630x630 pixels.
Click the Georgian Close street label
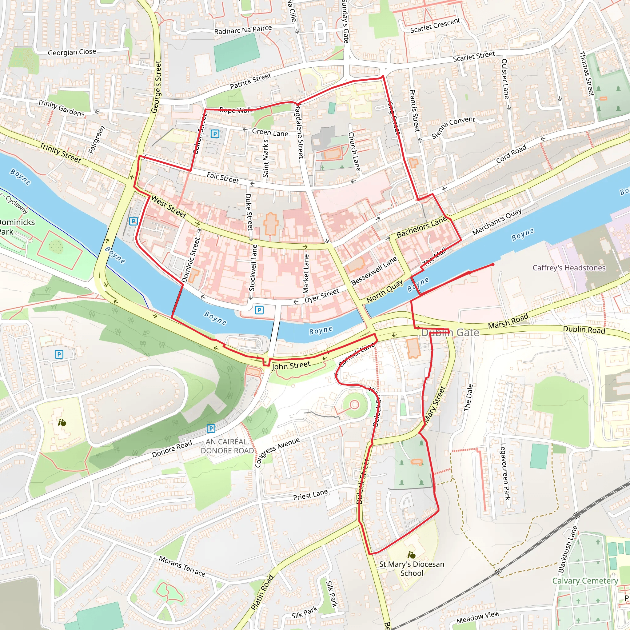72,52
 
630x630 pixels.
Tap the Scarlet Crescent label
435,26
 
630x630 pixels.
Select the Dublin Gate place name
450,333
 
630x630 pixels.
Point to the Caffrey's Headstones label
569,268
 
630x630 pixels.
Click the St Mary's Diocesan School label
412,569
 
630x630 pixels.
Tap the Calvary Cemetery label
585,581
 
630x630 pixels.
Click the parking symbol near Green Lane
215,134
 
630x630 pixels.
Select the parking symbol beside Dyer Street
259,310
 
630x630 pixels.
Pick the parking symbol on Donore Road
211,429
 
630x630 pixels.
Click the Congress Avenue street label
277,452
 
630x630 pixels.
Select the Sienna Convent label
453,127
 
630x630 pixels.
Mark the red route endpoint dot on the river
493,265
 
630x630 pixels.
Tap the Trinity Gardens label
61,108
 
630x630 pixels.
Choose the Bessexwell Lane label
374,271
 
